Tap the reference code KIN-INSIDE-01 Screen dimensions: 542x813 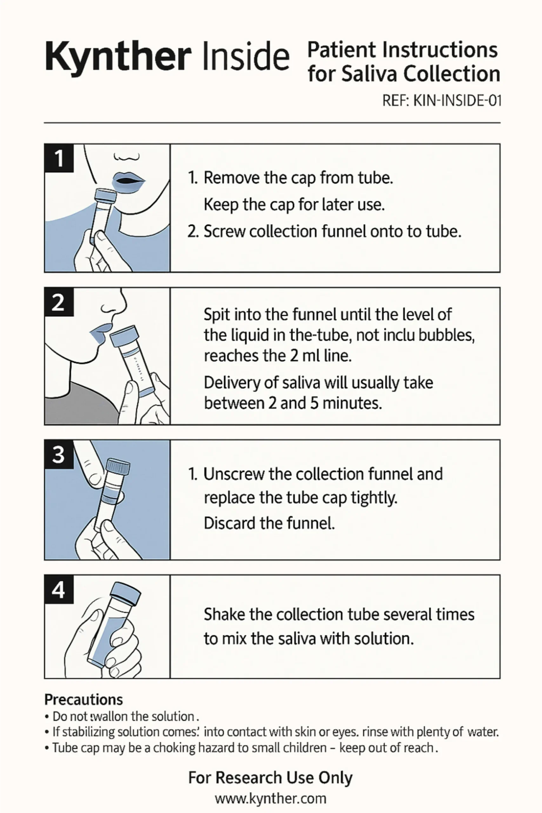tap(457, 101)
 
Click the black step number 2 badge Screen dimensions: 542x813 tap(59, 302)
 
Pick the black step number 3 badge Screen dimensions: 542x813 tap(59, 454)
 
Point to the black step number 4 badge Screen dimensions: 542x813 tap(59, 589)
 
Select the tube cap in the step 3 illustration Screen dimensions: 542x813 tap(118, 466)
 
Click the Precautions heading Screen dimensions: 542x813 tap(84, 700)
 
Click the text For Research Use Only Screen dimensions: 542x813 tap(271, 778)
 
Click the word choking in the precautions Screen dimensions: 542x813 tap(175, 748)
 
